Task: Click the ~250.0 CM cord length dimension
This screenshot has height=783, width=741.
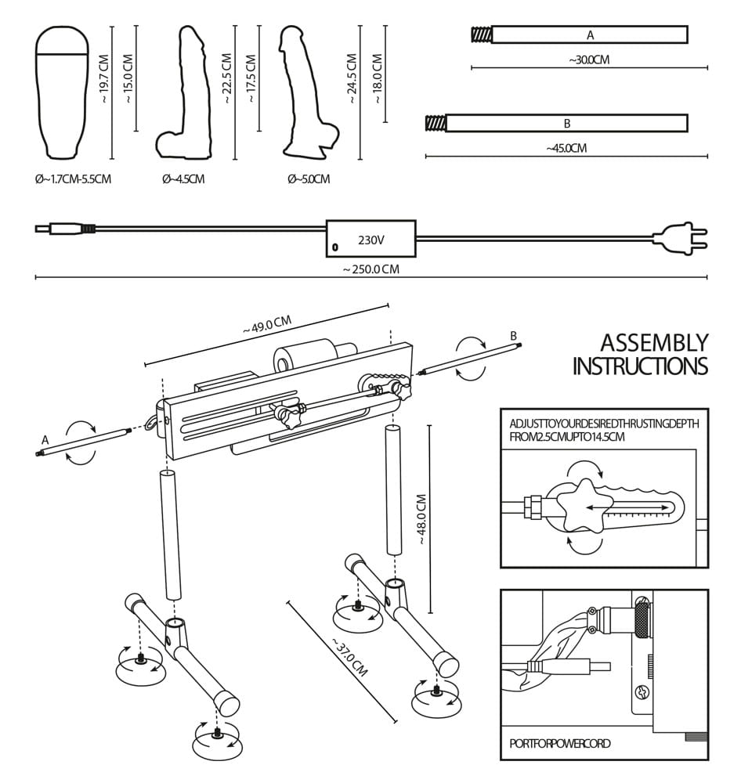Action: [370, 269]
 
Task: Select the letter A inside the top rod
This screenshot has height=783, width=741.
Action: [590, 35]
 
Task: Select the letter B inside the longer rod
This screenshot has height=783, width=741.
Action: [566, 124]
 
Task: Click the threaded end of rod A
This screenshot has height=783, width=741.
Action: [481, 34]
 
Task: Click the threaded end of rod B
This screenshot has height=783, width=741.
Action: [435, 123]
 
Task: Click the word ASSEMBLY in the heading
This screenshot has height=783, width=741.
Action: [654, 343]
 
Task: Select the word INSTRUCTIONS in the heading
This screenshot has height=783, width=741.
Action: [640, 366]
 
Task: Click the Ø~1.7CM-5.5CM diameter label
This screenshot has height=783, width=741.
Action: [73, 179]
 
